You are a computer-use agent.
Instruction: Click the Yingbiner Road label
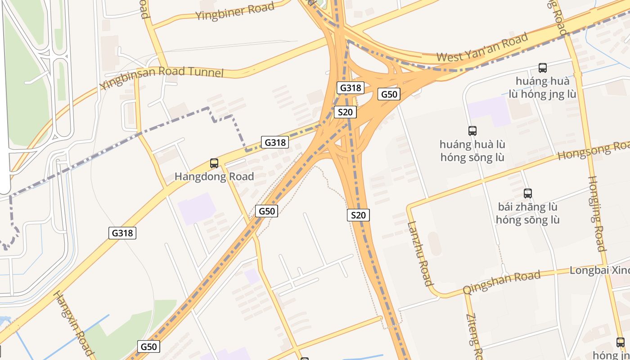(234, 11)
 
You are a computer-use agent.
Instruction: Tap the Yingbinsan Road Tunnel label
(162, 77)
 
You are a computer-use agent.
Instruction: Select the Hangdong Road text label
(214, 176)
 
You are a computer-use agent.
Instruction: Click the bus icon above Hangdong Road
(214, 163)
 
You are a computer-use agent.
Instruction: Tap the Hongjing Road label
(597, 213)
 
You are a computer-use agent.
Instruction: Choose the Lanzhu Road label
(420, 254)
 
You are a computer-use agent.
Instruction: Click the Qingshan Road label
(501, 283)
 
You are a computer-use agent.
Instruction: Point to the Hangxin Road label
(74, 323)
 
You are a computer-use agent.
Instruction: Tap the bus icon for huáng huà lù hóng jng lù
(543, 68)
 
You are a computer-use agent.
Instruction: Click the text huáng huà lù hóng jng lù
(543, 88)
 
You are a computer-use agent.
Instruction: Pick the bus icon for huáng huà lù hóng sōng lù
(472, 131)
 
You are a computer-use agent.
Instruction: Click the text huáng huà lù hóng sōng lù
(472, 151)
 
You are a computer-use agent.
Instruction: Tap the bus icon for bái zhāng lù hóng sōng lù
(528, 193)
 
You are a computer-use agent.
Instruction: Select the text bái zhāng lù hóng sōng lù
(528, 213)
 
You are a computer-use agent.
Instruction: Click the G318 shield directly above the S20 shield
(350, 88)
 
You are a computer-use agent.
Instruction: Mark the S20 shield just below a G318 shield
(345, 112)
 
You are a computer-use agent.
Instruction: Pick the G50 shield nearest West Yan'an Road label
(389, 94)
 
